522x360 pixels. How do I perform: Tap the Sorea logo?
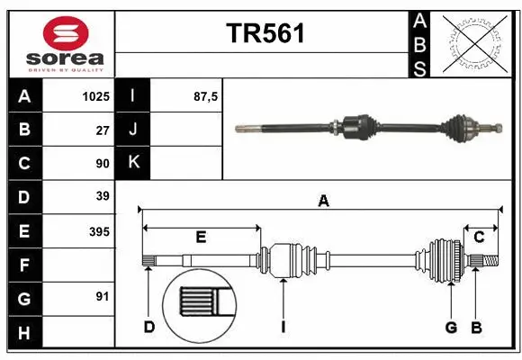tap(66, 43)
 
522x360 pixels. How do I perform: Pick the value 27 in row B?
tap(102, 130)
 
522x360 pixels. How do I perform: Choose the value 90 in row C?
tap(102, 163)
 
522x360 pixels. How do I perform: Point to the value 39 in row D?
tap(102, 196)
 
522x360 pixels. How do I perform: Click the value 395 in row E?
tap(98, 231)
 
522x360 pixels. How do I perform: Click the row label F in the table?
tap(24, 265)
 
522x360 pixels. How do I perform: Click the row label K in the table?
tap(134, 163)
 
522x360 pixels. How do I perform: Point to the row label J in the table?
tap(134, 130)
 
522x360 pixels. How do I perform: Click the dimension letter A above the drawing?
tap(323, 202)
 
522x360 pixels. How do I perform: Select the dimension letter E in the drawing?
tap(201, 238)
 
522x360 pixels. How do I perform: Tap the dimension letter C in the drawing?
tap(480, 238)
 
